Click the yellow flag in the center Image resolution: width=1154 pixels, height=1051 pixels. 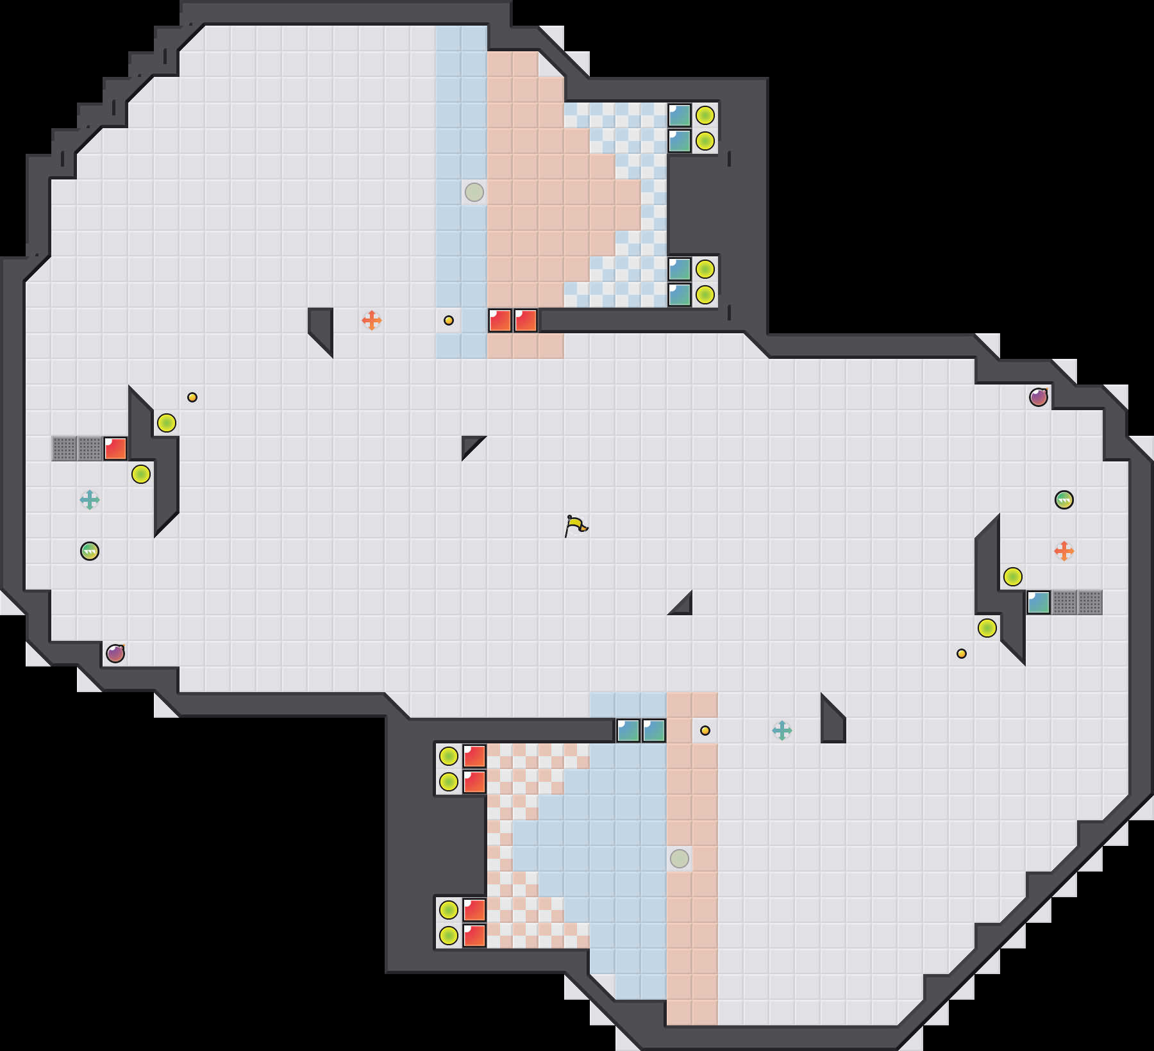click(576, 525)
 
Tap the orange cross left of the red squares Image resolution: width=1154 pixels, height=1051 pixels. click(372, 320)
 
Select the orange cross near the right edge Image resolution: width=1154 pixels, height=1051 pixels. click(1064, 550)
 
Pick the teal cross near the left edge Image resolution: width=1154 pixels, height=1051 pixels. click(90, 499)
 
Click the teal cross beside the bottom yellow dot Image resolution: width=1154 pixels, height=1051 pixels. click(782, 730)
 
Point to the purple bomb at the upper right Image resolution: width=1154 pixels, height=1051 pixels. click(1039, 397)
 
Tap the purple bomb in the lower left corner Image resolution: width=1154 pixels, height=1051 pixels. click(115, 654)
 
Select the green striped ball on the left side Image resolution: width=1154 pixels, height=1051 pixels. click(90, 551)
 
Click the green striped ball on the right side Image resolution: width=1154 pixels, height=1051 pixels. click(1064, 500)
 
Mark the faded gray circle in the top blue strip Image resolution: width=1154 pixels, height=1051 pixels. click(474, 192)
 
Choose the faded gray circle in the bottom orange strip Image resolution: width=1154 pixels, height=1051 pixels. click(680, 859)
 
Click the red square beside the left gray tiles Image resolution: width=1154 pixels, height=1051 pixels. click(115, 449)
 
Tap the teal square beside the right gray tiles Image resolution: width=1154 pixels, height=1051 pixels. click(1039, 602)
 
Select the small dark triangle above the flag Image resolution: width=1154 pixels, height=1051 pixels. click(470, 444)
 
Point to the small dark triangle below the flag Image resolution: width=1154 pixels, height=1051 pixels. click(683, 606)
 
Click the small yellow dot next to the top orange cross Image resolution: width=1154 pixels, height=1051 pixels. click(449, 320)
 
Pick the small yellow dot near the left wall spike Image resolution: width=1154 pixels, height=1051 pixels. click(192, 397)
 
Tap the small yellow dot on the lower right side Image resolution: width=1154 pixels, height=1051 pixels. click(962, 654)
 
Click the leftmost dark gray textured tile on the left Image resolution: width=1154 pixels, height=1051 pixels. click(64, 449)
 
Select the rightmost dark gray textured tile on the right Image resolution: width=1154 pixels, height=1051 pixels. click(1090, 602)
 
